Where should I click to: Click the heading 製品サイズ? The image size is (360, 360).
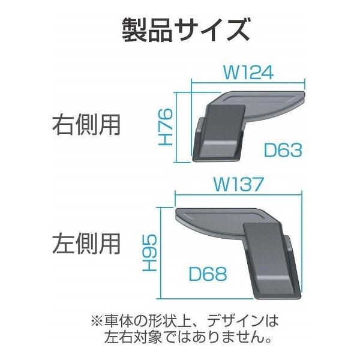179,29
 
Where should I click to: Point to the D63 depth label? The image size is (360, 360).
282,150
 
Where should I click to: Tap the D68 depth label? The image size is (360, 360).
208,275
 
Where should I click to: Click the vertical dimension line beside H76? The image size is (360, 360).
176,127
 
